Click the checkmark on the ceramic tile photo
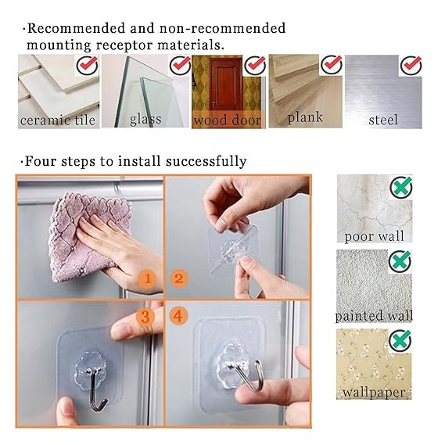click(88, 65)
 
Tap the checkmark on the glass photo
click(180, 65)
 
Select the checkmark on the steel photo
click(411, 65)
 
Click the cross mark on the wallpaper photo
click(400, 340)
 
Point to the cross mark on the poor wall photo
click(401, 187)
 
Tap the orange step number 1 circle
click(147, 278)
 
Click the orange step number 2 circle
click(179, 278)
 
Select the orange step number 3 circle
click(145, 316)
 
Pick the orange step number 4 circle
click(179, 315)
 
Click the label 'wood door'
click(227, 120)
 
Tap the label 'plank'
click(305, 117)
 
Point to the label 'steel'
click(383, 120)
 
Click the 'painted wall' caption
click(374, 316)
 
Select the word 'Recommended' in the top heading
click(76, 28)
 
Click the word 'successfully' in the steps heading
click(206, 161)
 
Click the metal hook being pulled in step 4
click(247, 375)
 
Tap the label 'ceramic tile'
click(58, 120)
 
